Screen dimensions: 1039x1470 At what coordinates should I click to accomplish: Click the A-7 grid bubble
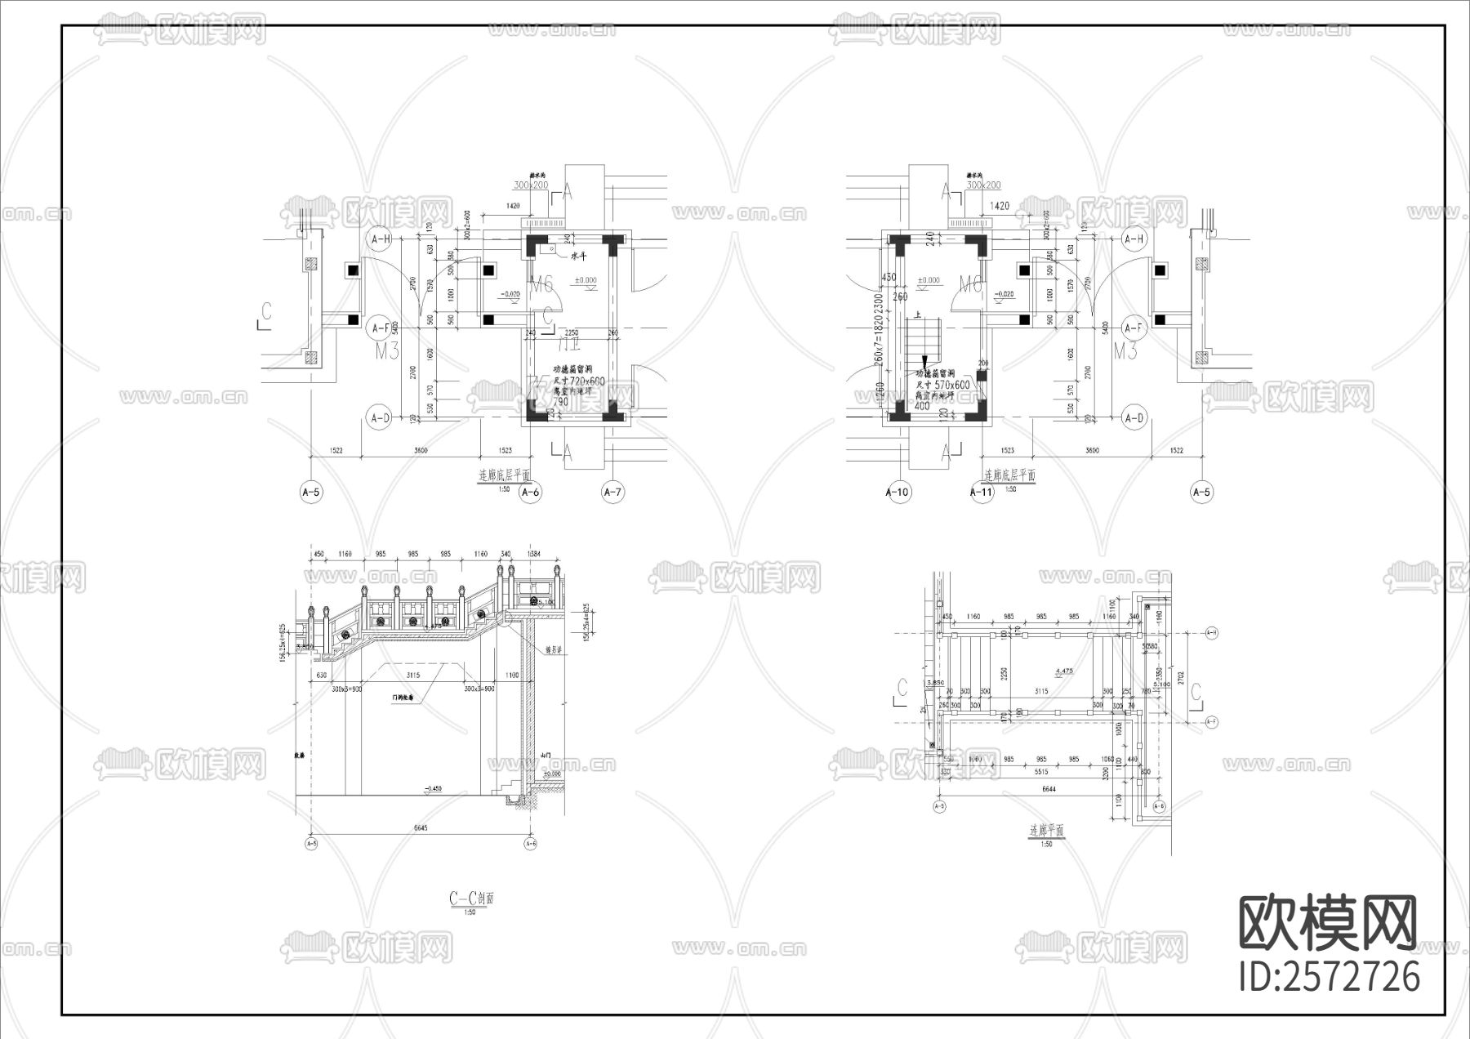coord(612,492)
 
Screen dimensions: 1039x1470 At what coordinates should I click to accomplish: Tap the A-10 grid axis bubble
coord(898,492)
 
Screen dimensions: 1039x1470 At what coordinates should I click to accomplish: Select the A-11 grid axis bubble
coord(981,492)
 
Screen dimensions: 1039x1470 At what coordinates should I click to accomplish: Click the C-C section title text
coord(471,899)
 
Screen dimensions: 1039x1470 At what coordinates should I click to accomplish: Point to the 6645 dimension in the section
coord(421,827)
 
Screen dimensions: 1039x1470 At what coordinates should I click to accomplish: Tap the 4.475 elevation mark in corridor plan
coord(1063,671)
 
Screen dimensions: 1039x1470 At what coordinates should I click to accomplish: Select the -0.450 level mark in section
coord(432,788)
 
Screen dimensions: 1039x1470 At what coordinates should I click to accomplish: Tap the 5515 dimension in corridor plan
coord(1040,771)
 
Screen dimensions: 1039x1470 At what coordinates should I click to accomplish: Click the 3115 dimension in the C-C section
coord(413,676)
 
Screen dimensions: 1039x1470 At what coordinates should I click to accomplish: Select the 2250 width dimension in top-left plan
coord(572,332)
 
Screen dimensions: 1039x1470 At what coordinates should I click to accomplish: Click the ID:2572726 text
coord(1329,977)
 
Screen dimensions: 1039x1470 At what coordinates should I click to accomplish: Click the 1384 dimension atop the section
coord(534,555)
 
